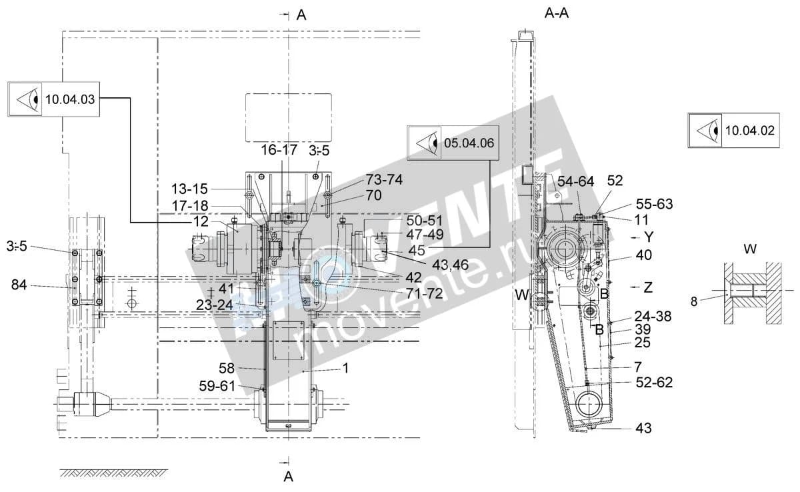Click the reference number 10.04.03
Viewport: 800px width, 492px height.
[x=70, y=99]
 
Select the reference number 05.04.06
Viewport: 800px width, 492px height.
[x=469, y=143]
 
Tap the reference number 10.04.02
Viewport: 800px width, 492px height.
[x=749, y=130]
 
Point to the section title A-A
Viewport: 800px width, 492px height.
[x=557, y=13]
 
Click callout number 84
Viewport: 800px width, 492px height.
[x=19, y=285]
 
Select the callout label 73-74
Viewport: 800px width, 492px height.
[x=384, y=179]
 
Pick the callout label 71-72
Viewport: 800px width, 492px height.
[x=424, y=294]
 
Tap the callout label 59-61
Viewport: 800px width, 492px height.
[x=217, y=386]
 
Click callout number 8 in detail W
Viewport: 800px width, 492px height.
[x=694, y=302]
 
